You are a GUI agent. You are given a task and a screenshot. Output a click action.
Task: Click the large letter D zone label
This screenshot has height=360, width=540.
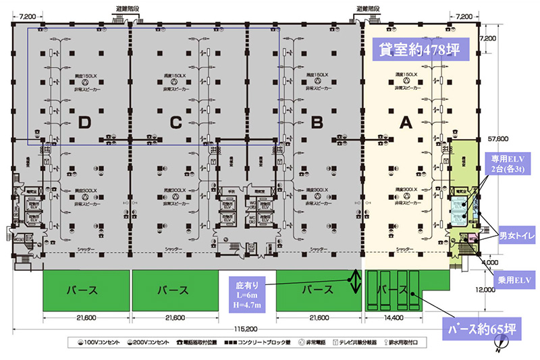coord(84,122)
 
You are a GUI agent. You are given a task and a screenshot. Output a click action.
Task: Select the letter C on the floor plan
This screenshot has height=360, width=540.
coord(176,122)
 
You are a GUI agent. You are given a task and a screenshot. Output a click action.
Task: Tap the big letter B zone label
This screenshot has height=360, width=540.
coord(315,122)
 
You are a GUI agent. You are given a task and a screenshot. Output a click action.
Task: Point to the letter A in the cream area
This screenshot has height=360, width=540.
coord(406,122)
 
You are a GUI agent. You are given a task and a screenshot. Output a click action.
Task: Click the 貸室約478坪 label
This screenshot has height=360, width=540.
coord(415,49)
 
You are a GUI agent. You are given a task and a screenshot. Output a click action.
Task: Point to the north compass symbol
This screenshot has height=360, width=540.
coord(498,348)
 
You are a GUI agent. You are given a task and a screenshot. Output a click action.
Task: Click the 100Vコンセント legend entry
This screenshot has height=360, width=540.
coord(99,342)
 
